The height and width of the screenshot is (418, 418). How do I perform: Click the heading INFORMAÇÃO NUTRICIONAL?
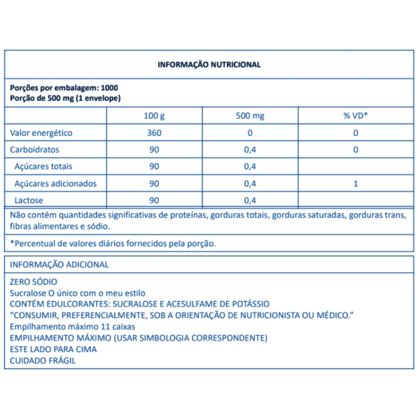(209, 65)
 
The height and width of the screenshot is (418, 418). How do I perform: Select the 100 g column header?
(155, 116)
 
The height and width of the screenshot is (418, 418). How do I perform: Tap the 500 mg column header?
(250, 116)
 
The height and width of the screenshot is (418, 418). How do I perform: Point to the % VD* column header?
(355, 116)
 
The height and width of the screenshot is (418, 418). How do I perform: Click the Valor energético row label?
(41, 133)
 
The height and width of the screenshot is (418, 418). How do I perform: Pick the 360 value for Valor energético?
(155, 133)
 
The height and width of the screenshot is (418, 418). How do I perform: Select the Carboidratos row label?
(34, 150)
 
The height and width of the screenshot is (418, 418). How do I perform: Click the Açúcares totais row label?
(43, 166)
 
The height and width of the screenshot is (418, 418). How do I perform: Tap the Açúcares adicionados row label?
(55, 184)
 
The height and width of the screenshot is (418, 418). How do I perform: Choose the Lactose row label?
(28, 200)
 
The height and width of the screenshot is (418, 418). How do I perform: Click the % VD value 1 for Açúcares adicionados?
(355, 184)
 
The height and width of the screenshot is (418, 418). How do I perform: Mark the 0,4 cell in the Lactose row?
(250, 200)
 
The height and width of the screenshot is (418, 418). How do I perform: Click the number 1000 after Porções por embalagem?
(109, 88)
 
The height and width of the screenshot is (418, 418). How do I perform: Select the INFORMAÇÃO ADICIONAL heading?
(59, 265)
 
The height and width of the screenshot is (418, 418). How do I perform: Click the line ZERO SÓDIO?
(33, 282)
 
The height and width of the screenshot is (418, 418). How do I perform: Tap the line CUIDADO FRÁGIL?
(42, 360)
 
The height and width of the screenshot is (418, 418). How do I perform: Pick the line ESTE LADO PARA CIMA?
(53, 349)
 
